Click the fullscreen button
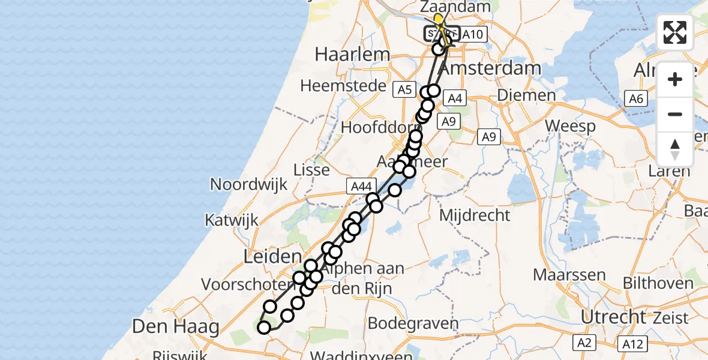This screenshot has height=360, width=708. (x=675, y=32)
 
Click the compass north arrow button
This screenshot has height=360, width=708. (x=675, y=149)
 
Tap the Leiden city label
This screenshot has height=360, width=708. (x=272, y=257)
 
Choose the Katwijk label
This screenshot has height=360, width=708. (x=232, y=220)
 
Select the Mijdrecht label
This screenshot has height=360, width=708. (x=475, y=215)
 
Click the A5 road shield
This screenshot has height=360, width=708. (x=404, y=90)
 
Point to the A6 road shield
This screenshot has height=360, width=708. (x=636, y=99)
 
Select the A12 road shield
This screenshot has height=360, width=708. (x=632, y=344)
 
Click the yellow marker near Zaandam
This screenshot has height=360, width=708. (x=439, y=19)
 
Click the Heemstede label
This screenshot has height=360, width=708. (x=343, y=86)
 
